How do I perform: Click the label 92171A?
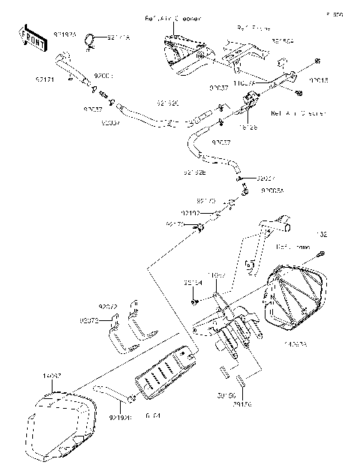pyautogui.click(x=115, y=36)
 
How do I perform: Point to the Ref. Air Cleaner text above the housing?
pyautogui.click(x=165, y=16)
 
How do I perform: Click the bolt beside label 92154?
pyautogui.click(x=193, y=301)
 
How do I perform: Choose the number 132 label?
pyautogui.click(x=322, y=235)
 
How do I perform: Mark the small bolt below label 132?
pyautogui.click(x=320, y=253)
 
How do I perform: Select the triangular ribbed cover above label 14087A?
pyautogui.click(x=296, y=296)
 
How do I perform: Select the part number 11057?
pyautogui.click(x=217, y=276)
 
